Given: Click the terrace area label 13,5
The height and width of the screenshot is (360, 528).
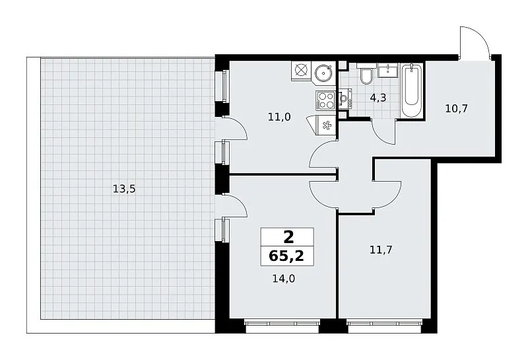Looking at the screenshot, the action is pos(124,189).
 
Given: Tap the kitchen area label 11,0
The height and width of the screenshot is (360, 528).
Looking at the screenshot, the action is pos(279,117).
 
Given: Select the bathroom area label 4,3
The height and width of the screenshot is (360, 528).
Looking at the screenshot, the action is pos(378,98).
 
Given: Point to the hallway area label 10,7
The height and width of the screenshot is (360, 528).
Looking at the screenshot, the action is pos(456,108).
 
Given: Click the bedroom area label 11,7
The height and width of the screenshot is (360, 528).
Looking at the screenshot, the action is pos(381,250).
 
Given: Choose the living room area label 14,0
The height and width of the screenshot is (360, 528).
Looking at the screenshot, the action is pos(284,279).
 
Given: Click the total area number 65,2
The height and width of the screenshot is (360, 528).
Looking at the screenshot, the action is pos(286,256).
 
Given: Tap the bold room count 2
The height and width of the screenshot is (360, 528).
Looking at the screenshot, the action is pos(288,237).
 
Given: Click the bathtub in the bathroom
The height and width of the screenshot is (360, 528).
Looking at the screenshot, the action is pos(412,90).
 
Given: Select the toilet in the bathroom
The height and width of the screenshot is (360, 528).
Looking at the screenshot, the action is pos(366,75).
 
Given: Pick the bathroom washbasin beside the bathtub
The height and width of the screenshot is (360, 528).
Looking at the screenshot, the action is pos(388,70).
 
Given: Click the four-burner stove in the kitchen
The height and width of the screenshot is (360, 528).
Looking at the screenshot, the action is pos(325,100).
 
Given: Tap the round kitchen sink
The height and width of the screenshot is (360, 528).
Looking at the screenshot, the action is pos(323,72).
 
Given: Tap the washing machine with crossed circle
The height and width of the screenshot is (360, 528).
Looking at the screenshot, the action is pos(301,71).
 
